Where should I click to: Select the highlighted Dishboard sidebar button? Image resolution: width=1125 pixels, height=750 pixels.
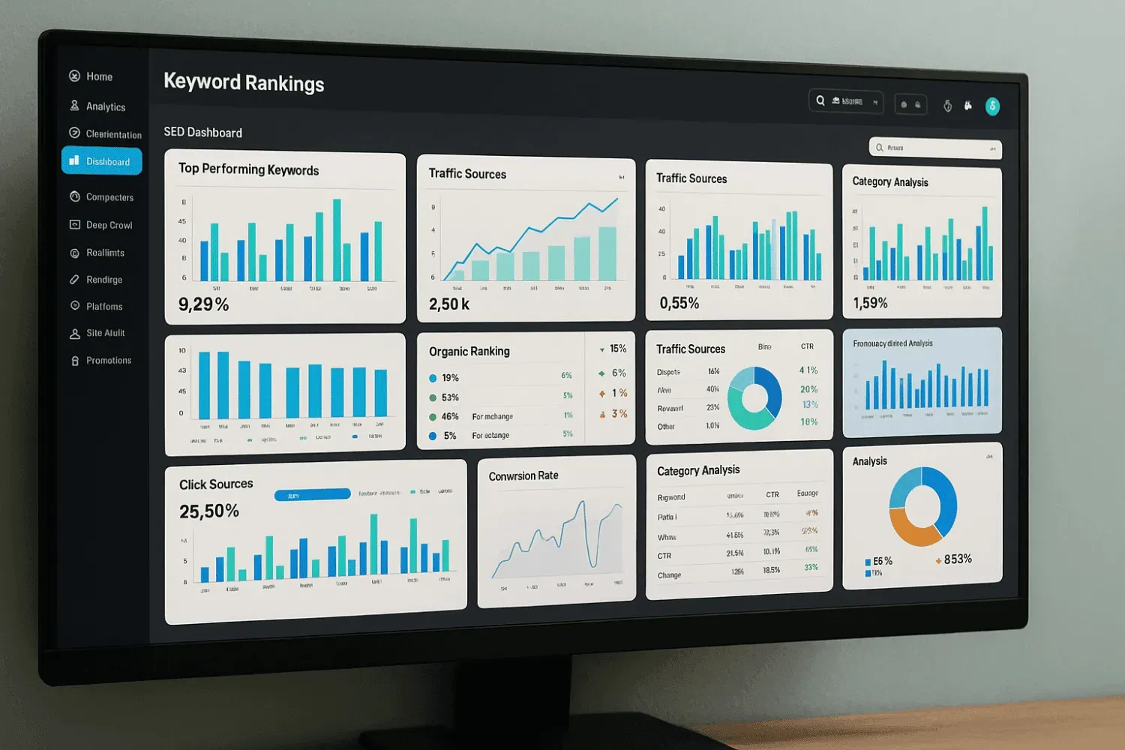102,161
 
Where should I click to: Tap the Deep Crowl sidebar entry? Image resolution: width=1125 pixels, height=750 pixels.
108,225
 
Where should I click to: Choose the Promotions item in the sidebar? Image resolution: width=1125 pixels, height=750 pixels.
108,361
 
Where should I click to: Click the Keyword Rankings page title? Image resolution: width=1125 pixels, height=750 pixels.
244,82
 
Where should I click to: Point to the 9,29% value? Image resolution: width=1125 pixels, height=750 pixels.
203,304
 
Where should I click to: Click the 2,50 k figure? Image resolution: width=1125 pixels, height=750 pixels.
448,304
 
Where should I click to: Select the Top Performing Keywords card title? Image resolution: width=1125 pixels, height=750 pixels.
248,169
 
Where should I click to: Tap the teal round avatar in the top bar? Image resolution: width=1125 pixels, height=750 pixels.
992,106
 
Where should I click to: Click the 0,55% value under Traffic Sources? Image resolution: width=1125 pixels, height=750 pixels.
679,303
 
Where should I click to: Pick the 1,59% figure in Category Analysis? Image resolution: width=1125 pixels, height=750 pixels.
870,303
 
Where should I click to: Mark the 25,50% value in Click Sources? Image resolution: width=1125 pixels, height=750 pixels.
208,511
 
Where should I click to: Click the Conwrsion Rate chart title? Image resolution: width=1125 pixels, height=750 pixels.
523,476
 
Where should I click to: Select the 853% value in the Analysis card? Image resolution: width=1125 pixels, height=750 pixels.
957,559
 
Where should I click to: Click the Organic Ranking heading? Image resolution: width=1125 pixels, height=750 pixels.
469,351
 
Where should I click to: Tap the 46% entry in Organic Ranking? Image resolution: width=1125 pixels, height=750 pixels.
450,416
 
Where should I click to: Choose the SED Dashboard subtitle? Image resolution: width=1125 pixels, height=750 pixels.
202,133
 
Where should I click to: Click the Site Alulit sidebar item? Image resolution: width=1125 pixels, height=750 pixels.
105,333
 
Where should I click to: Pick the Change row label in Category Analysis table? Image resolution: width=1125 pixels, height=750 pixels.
669,575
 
